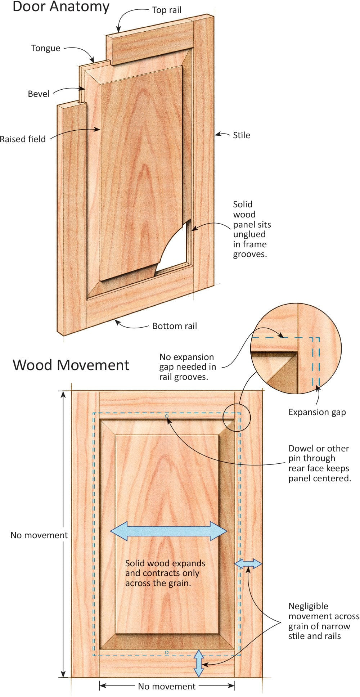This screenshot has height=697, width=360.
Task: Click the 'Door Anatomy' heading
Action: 61,7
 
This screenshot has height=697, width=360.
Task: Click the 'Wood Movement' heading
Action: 71,365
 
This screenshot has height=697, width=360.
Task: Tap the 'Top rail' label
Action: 167,10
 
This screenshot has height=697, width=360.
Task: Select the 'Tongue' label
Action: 46,48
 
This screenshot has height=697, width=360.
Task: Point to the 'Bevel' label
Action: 39,94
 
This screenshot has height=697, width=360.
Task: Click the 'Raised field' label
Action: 23,139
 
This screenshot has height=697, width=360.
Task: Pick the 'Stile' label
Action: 242,135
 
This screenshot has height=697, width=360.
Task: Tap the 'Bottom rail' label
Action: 175,326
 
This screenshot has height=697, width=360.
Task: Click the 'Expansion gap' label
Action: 317,412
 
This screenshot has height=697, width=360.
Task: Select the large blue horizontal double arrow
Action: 168,531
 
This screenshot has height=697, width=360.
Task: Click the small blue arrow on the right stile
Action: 248,563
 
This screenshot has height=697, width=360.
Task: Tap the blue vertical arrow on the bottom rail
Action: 199,663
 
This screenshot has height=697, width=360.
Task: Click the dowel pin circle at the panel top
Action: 167,416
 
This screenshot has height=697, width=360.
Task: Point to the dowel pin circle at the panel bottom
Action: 167,652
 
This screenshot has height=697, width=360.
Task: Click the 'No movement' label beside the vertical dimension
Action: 39,535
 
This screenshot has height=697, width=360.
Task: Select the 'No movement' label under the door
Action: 167,687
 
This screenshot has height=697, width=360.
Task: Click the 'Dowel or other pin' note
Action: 319,463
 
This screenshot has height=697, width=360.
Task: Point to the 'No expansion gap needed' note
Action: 188,367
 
